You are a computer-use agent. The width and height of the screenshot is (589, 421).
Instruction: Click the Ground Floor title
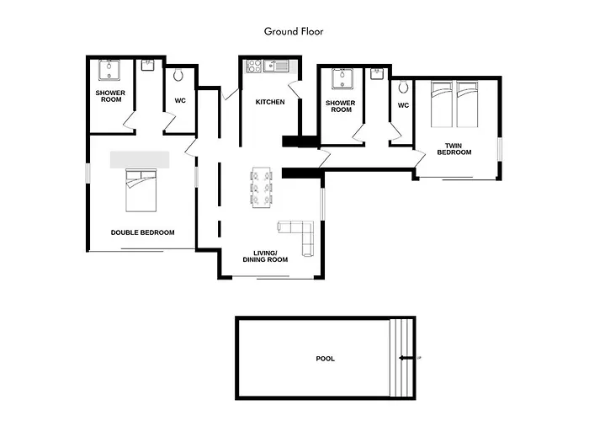pos(294,32)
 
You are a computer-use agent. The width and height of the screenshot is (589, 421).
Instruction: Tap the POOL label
pos(326,359)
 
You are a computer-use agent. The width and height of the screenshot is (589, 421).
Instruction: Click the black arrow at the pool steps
pos(406,358)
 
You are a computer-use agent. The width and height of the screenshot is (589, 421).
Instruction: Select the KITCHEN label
pos(270,102)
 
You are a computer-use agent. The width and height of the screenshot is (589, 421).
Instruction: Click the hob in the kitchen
pos(254,67)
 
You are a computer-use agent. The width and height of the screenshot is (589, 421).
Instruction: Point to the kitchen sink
pos(276,67)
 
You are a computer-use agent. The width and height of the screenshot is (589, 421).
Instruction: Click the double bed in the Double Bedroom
pos(141,190)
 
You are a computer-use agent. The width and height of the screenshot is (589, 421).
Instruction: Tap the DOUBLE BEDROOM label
pos(143,232)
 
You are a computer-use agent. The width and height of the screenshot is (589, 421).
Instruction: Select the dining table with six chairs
pos(262,187)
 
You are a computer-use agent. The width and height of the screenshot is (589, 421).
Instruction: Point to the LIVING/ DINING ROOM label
pos(265,256)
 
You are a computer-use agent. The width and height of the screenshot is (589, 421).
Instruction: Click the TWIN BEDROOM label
pos(454,149)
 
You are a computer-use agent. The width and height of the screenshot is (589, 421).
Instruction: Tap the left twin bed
pos(442,104)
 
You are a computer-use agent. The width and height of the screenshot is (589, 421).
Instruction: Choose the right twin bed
pos(467,104)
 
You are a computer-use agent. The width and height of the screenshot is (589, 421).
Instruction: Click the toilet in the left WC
pos(178,75)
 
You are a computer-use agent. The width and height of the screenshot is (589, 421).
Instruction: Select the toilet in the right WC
pos(403,88)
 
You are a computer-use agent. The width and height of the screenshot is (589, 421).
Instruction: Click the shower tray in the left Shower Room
pos(109,70)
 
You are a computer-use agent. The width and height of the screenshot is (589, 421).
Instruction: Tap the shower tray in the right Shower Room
pos(342,79)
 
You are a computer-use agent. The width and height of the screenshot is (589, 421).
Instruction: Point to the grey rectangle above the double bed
pos(140,160)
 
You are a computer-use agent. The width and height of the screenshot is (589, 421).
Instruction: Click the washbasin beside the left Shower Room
pos(148,66)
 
